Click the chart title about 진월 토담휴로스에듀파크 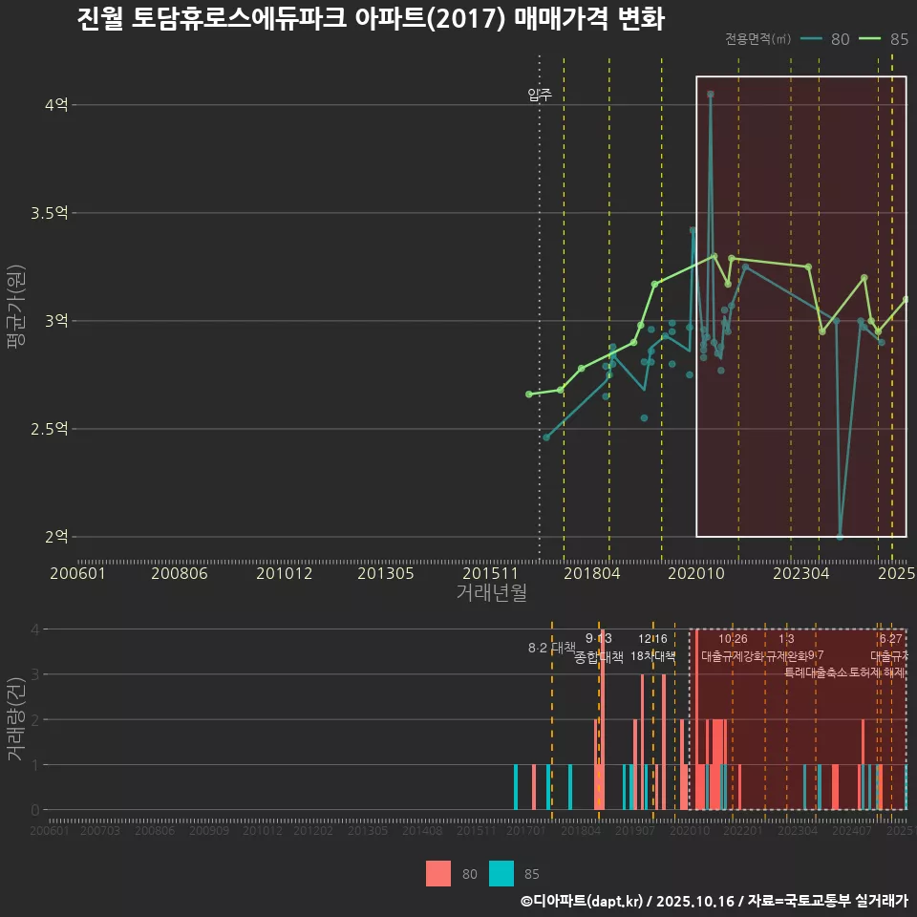coord(371,19)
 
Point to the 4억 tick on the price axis coord(56,105)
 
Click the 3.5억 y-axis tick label coord(50,213)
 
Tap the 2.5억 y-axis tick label coord(50,429)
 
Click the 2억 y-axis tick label coord(56,537)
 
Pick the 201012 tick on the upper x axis coord(280,574)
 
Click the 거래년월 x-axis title coord(491,593)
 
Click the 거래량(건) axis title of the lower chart coord(16,719)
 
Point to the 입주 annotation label coord(540,95)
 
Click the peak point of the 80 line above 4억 coord(711,95)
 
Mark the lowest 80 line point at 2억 coord(840,537)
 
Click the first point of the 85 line coord(529,394)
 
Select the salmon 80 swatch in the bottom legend coord(438,873)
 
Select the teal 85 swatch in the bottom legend coord(501,873)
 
